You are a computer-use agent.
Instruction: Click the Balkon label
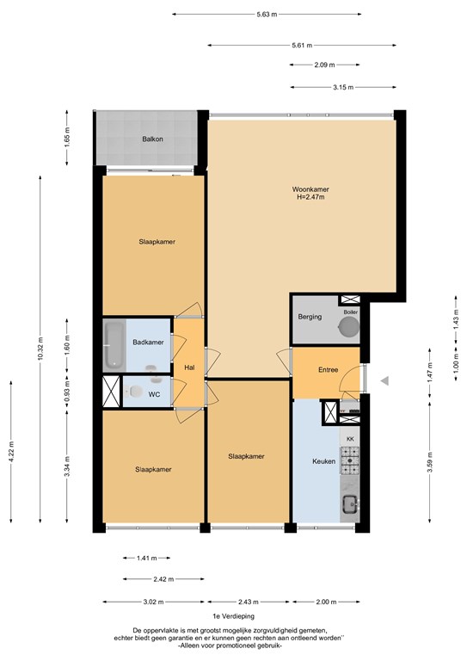[152, 139]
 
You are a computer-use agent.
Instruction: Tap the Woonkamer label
[310, 189]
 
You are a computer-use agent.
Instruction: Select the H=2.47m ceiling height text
[310, 197]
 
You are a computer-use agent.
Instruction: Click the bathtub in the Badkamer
[114, 344]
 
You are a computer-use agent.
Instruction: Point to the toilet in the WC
[133, 392]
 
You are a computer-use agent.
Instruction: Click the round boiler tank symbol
[349, 326]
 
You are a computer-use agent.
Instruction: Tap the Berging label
[310, 317]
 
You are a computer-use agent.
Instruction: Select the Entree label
[328, 370]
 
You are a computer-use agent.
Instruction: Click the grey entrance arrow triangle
[384, 381]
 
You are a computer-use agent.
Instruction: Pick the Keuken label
[324, 461]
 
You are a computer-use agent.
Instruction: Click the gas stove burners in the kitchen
[350, 460]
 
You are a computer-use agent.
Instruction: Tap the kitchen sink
[350, 503]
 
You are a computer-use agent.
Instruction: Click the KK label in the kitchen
[350, 439]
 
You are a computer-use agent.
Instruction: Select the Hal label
[189, 368]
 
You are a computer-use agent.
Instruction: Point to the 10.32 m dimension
[40, 349]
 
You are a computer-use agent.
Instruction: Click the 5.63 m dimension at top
[267, 15]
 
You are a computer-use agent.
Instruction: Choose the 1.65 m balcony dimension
[67, 138]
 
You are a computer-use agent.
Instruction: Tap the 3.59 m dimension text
[430, 462]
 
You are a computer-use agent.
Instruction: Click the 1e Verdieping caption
[234, 616]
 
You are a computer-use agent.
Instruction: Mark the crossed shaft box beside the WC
[112, 392]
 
